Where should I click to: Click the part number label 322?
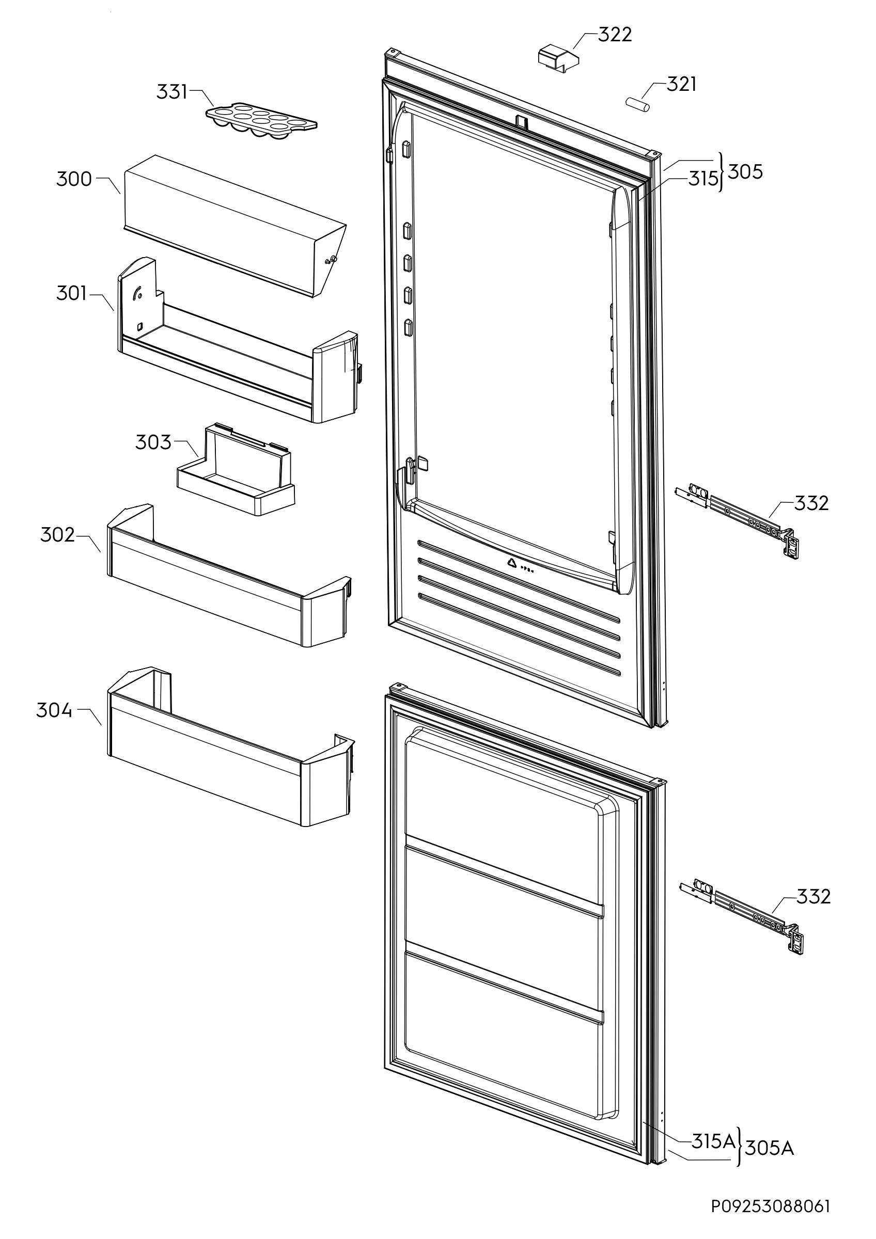pos(615,35)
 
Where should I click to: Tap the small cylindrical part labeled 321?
pos(637,104)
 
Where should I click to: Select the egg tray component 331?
pos(261,121)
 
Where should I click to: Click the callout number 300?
pos(74,179)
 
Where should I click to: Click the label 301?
pos(71,294)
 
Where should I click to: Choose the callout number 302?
pos(57,535)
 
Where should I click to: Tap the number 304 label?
pos(54,710)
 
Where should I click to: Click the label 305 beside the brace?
pos(745,171)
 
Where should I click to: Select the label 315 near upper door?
pos(703,179)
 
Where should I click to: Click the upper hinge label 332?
pos(811,503)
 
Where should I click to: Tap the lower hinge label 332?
pos(814,896)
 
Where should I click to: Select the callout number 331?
pos(171,92)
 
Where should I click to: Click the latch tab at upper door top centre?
pos(521,121)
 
